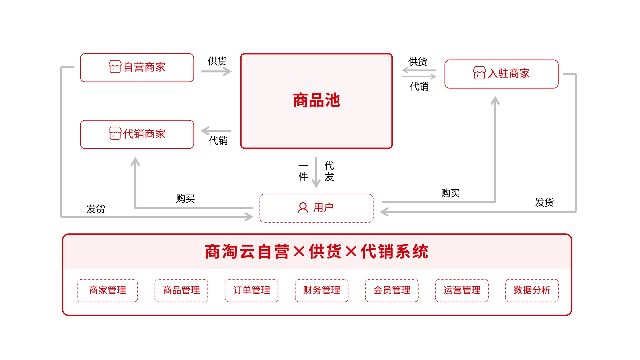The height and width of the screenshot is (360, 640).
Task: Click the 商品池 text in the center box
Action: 316,100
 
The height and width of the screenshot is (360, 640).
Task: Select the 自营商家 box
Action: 137,68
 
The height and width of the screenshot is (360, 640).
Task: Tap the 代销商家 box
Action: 137,134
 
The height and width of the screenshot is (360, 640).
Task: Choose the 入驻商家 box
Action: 501,74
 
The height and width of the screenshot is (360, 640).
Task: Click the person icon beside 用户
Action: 303,208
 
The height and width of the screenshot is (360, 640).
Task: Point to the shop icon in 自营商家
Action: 115,67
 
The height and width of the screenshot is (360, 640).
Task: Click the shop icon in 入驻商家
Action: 479,73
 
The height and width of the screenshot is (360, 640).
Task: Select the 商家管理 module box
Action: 107,290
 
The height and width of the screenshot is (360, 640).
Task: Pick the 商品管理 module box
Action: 181,290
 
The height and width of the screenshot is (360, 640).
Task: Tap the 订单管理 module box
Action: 251,290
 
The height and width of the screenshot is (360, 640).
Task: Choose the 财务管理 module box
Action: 321,290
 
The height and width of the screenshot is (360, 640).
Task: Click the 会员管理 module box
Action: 392,290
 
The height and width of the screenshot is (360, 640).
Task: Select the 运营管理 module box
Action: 462,290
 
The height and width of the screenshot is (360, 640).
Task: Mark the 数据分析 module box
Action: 532,290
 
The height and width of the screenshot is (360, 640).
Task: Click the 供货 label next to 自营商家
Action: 217,61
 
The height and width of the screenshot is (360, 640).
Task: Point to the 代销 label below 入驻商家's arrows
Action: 419,87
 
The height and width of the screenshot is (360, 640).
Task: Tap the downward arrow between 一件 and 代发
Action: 316,173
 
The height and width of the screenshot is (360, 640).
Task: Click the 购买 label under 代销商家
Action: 185,199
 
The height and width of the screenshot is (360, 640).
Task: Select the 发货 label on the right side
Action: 544,202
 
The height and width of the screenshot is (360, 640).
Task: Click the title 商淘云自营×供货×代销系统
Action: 317,252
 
